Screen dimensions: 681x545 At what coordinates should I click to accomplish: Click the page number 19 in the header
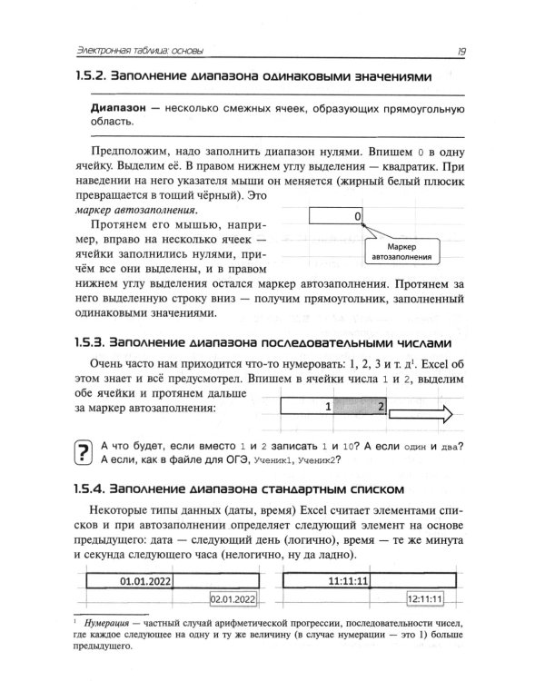click(462, 49)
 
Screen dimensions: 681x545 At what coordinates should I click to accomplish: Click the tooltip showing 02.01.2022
click(233, 599)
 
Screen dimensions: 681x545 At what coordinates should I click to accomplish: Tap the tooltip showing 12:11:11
click(424, 599)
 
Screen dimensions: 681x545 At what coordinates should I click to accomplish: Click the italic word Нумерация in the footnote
click(108, 626)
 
